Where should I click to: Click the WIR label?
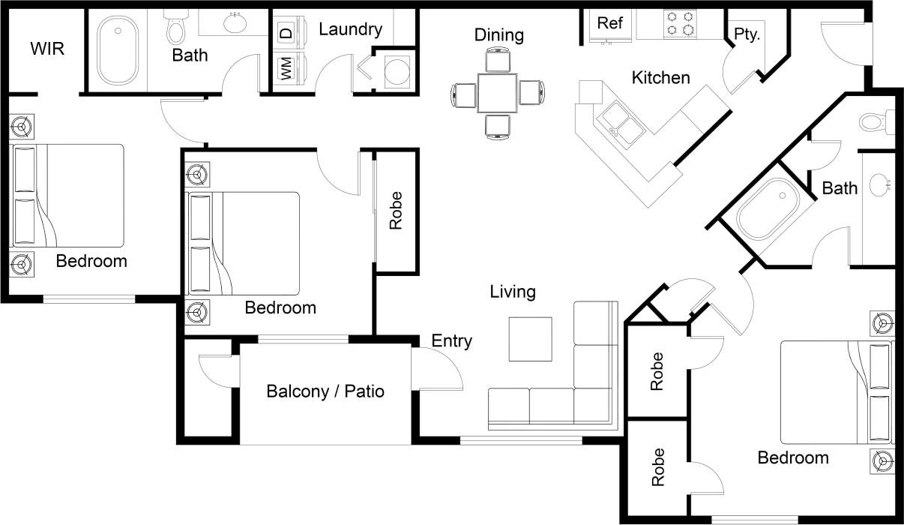pos(47,49)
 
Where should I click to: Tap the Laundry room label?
pos(350,29)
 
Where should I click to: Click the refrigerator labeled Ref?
pos(609,23)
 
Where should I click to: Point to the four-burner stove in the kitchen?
pos(678,23)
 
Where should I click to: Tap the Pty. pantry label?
pos(747,34)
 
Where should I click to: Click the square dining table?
pos(497,93)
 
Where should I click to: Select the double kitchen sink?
pos(619,122)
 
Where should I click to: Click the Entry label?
pos(451,341)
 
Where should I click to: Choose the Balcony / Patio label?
pos(325,391)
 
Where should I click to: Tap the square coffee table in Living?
pos(531,339)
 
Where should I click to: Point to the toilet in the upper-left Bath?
pos(177,28)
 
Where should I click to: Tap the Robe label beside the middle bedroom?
pos(396,211)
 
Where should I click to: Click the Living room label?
pos(513,292)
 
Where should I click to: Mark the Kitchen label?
pos(660,77)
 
